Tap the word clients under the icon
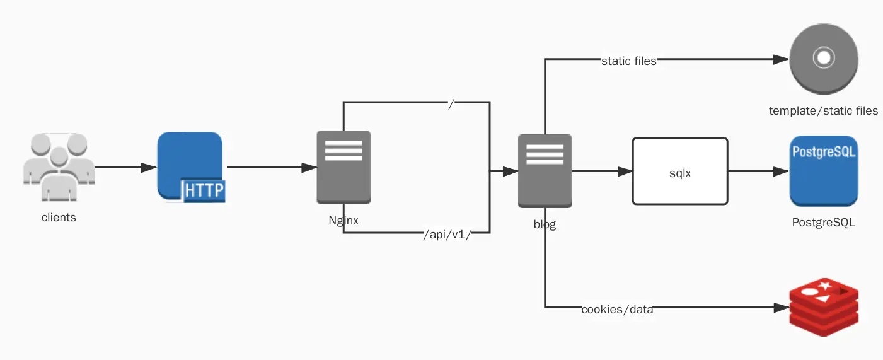(x=59, y=218)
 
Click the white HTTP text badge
(x=204, y=190)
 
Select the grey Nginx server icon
(x=343, y=168)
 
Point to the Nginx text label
(x=343, y=220)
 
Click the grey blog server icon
(x=545, y=171)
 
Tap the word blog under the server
(x=545, y=224)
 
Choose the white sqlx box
(x=680, y=171)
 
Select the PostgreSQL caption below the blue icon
(x=823, y=223)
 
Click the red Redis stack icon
(x=824, y=310)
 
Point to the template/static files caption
(x=823, y=111)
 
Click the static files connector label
(x=629, y=61)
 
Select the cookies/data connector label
(x=617, y=310)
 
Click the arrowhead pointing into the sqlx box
(x=625, y=171)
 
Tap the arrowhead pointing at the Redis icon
(x=782, y=308)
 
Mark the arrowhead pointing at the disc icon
(x=782, y=60)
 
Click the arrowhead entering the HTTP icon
(x=149, y=168)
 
